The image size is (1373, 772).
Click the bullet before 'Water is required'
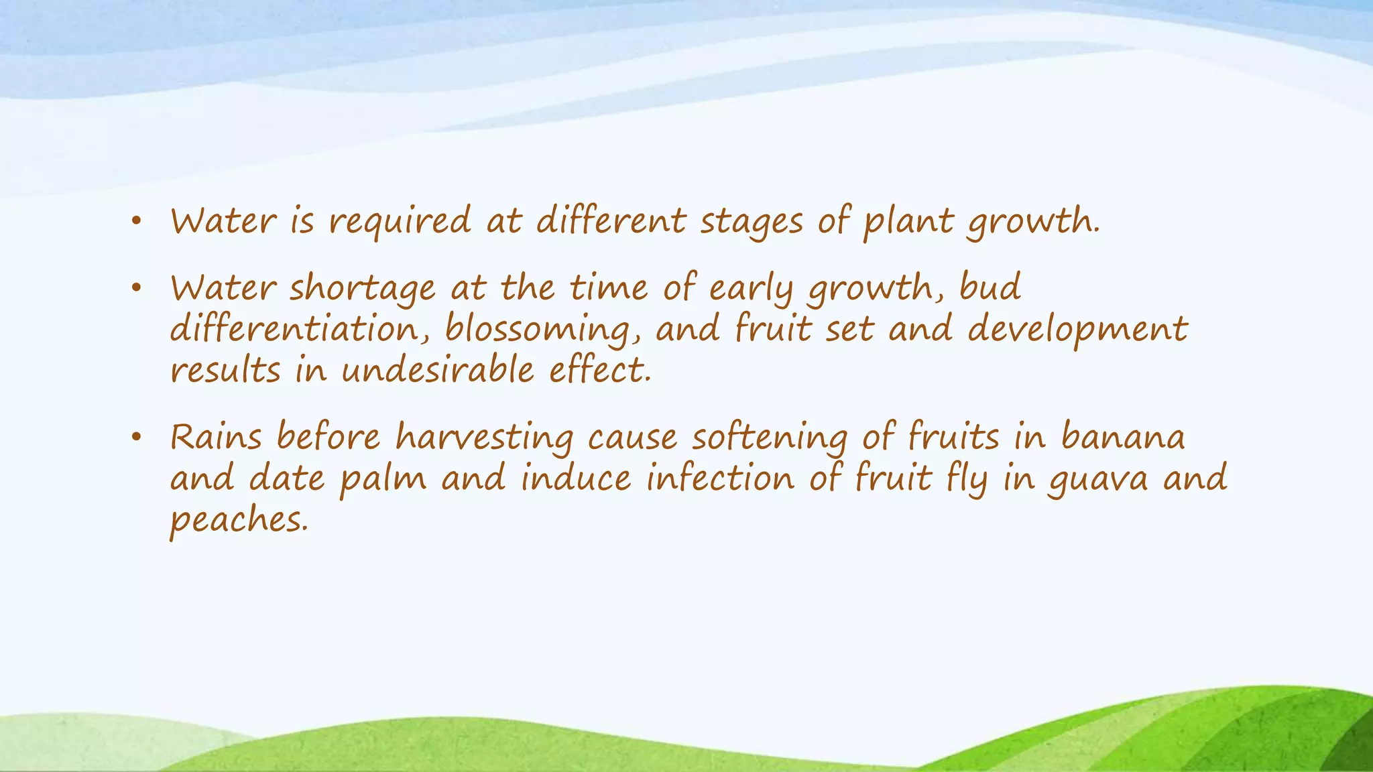pos(136,221)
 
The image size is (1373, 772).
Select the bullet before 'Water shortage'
pos(136,288)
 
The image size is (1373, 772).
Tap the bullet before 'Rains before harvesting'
pos(136,437)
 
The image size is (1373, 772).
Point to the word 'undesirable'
pos(438,371)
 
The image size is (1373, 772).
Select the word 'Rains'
pos(216,438)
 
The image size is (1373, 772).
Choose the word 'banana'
pos(1123,438)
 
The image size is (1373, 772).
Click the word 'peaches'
pos(238,521)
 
